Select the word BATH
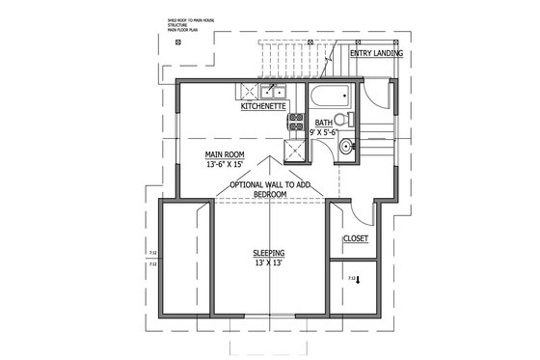(x=324, y=124)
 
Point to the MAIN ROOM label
(x=223, y=153)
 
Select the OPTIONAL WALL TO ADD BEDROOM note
(x=269, y=189)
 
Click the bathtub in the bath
(x=330, y=97)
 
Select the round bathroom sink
(x=346, y=147)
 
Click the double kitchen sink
(x=265, y=94)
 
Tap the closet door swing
(x=359, y=213)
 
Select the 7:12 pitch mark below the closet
(x=350, y=278)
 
